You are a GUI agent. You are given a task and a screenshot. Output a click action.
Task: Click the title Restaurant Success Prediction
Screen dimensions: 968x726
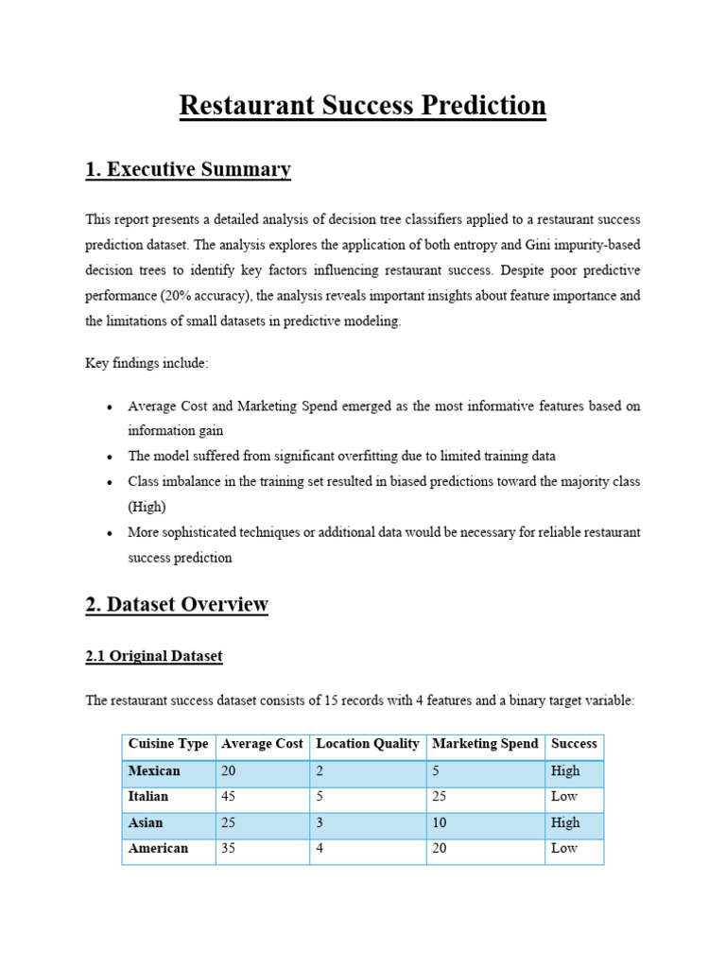[x=362, y=105]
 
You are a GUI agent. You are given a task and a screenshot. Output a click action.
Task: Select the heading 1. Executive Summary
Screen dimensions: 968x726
[x=188, y=169]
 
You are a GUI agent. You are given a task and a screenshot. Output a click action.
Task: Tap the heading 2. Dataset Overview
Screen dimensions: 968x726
[x=177, y=604]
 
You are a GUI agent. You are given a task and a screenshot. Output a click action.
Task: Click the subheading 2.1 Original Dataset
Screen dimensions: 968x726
[x=154, y=656]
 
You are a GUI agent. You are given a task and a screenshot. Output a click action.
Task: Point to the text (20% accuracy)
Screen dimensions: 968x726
[x=210, y=295]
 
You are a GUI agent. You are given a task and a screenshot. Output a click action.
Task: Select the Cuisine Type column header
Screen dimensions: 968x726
[x=168, y=744]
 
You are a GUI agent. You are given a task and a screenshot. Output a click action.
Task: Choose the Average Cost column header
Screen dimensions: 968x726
[x=262, y=744]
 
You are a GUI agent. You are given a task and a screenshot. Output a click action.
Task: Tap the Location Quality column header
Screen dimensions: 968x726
[x=368, y=744]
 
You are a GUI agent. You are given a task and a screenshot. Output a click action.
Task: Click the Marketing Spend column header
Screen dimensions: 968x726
[x=485, y=744]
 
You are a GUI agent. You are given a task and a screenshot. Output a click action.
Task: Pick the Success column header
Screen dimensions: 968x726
[x=574, y=744]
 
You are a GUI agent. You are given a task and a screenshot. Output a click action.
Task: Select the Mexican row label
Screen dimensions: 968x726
[x=154, y=770]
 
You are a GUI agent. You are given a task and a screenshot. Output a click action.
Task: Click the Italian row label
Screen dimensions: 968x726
[x=148, y=796]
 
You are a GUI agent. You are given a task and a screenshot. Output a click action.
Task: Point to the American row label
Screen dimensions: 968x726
[x=158, y=848]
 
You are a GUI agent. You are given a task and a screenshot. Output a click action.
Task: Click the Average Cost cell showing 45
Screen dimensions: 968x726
[x=229, y=796]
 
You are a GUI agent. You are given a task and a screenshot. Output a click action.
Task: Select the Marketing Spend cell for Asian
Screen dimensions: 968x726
[x=440, y=822]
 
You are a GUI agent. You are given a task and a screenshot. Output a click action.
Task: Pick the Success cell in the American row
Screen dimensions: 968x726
[x=564, y=848]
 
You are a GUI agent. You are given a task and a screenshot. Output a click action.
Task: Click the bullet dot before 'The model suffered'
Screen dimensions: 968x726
[x=111, y=457]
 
